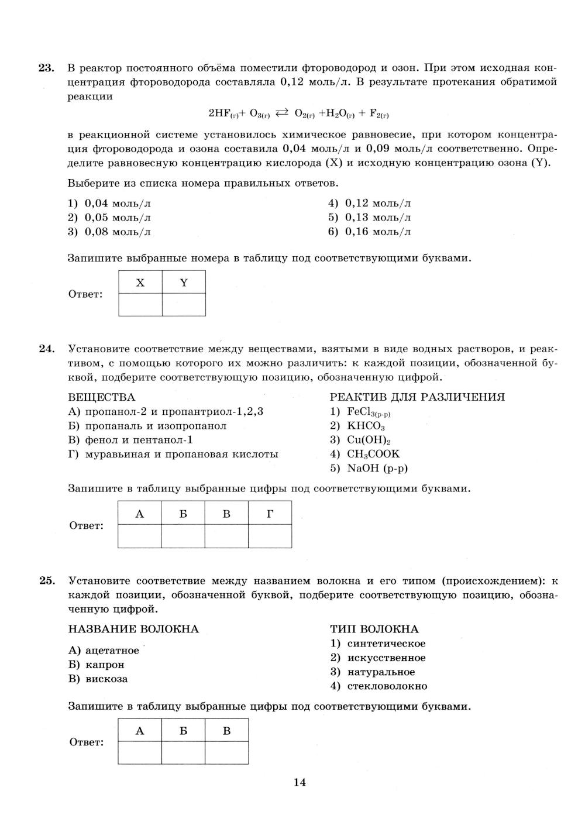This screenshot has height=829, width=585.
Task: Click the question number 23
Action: tap(46, 68)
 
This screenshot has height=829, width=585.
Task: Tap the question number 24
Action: tap(46, 349)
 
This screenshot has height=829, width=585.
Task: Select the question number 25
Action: tap(46, 581)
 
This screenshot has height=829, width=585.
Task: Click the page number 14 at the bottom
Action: tap(300, 782)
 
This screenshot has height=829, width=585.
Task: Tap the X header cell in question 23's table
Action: tap(140, 283)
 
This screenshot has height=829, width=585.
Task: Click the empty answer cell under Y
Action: tap(184, 305)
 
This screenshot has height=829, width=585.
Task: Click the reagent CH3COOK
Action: tap(365, 454)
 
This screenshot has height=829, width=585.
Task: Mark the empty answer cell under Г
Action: tap(270, 536)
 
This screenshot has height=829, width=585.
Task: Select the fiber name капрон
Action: tap(105, 665)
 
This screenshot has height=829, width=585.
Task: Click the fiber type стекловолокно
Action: tap(387, 686)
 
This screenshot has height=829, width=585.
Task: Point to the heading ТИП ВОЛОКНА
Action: tap(374, 630)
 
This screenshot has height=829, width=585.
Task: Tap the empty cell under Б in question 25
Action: tap(183, 752)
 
